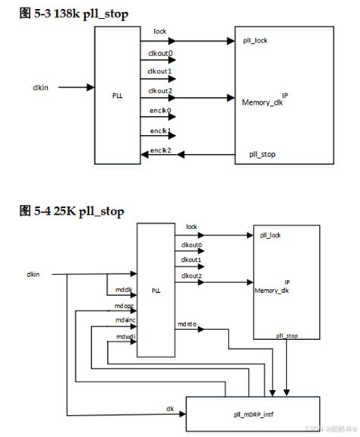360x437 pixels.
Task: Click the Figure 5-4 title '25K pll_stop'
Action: tap(71, 211)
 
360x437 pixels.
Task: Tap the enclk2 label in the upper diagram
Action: tap(159, 150)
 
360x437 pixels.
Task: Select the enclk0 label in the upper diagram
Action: tap(159, 111)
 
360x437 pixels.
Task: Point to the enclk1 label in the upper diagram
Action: tap(159, 130)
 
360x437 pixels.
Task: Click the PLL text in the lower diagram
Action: tap(156, 290)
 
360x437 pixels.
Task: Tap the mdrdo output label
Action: tap(187, 324)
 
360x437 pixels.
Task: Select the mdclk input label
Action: tap(124, 290)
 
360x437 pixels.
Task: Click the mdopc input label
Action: tap(125, 306)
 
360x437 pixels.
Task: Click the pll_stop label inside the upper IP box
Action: tap(262, 154)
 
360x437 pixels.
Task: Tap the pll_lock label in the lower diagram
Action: tap(270, 235)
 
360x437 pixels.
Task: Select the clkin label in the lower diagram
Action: tap(33, 273)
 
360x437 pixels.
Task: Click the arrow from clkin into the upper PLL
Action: tap(76, 86)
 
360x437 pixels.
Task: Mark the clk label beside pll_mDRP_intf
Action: tap(171, 407)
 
